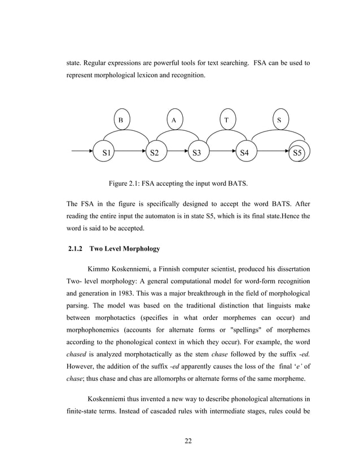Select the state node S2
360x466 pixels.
[x=154, y=152]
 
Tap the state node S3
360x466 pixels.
[x=197, y=152]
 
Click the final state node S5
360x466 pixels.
[x=297, y=152]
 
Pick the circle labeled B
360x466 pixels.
[x=121, y=120]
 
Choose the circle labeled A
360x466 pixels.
[x=174, y=120]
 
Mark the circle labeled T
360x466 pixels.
[x=227, y=120]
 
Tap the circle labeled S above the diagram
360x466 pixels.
[x=279, y=120]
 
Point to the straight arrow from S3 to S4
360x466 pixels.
[x=223, y=152]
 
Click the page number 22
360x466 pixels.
[x=188, y=441]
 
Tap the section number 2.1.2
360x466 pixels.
[x=76, y=249]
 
